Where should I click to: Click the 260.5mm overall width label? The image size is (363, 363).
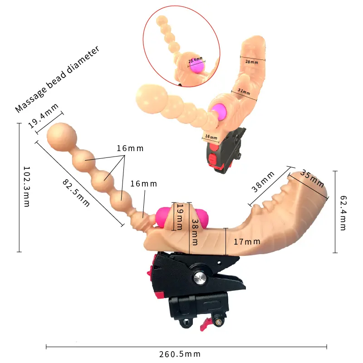pyautogui.click(x=180, y=354)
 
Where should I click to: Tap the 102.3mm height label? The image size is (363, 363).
pyautogui.click(x=27, y=186)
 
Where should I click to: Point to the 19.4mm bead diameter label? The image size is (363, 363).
pyautogui.click(x=43, y=116)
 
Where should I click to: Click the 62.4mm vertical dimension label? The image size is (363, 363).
pyautogui.click(x=343, y=213)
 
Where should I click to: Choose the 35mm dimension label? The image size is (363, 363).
pyautogui.click(x=312, y=179)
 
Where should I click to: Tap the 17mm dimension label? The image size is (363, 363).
pyautogui.click(x=247, y=242)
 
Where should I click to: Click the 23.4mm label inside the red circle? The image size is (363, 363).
pyautogui.click(x=196, y=60)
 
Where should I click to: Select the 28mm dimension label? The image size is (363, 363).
pyautogui.click(x=252, y=62)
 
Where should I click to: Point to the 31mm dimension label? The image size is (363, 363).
pyautogui.click(x=244, y=92)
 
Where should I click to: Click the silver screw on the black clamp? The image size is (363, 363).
pyautogui.click(x=200, y=277)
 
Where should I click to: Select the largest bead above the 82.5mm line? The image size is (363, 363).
pyautogui.click(x=62, y=137)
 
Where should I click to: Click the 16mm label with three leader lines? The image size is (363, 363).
pyautogui.click(x=130, y=148)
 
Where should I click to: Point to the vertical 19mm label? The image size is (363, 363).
pyautogui.click(x=180, y=216)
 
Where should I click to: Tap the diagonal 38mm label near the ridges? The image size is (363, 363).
pyautogui.click(x=263, y=182)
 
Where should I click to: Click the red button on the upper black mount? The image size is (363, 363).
pyautogui.click(x=212, y=159)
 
